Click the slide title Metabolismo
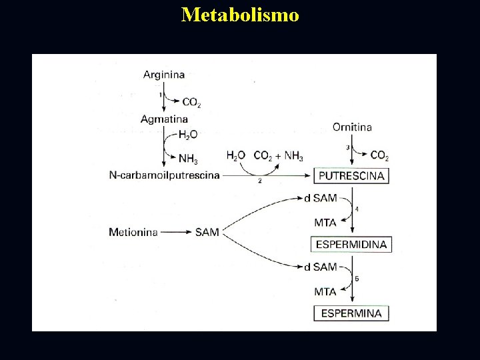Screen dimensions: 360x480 click(240, 15)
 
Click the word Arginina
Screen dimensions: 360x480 click(163, 75)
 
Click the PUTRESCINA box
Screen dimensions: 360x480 click(351, 176)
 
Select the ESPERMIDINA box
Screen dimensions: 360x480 click(351, 244)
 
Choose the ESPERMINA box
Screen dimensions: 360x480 click(351, 313)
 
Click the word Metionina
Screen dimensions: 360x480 click(133, 232)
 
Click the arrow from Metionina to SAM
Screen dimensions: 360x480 click(176, 232)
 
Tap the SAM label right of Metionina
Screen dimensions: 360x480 click(207, 232)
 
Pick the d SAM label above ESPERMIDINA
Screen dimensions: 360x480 click(320, 198)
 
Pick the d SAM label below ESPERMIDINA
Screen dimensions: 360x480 click(320, 267)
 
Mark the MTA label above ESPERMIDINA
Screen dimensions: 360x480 click(325, 222)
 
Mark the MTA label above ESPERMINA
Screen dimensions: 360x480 click(325, 291)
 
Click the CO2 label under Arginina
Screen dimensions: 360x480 click(191, 103)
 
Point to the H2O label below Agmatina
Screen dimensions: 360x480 click(187, 135)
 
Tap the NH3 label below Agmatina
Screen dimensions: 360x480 click(189, 158)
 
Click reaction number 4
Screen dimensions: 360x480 click(357, 209)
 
